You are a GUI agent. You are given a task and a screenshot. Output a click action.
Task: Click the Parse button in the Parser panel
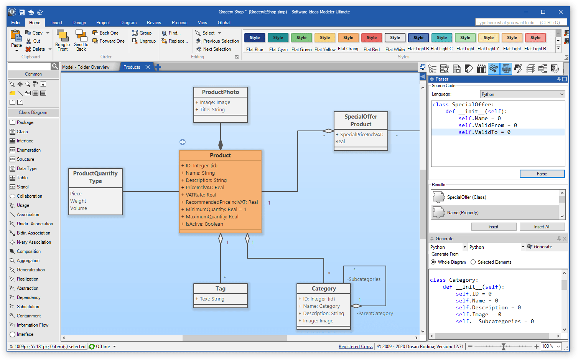(542, 174)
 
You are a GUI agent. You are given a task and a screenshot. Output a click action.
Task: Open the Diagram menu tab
(128, 23)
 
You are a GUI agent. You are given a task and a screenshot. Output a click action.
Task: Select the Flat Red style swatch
(371, 38)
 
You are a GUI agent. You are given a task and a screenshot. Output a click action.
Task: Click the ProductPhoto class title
(220, 92)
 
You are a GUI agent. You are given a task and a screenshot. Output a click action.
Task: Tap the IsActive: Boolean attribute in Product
(204, 224)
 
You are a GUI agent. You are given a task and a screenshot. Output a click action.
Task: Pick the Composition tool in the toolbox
(28, 251)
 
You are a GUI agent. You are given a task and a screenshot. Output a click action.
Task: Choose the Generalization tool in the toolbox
(31, 270)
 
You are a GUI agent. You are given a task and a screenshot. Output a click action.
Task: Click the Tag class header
(220, 289)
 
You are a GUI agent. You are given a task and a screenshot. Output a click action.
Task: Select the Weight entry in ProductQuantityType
(78, 201)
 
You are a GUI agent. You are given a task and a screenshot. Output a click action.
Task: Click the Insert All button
(541, 227)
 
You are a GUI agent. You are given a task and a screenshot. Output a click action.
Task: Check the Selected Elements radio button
(473, 262)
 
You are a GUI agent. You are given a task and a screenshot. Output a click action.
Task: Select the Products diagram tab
(132, 67)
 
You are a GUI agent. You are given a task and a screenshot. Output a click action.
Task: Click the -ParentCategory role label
(375, 314)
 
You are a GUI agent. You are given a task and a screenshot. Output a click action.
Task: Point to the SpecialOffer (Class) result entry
(466, 197)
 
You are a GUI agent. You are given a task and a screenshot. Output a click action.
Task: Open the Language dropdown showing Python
(522, 94)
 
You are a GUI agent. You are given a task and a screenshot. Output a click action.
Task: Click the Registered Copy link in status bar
(355, 347)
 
